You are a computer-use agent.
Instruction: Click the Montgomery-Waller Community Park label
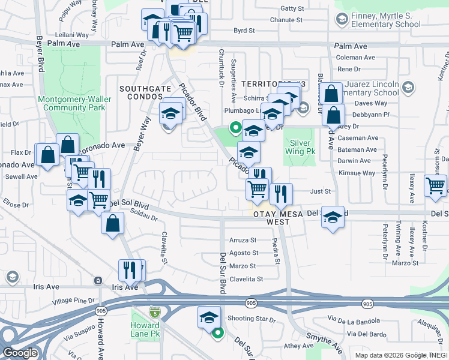coord(71,103)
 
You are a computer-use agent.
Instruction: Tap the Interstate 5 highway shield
coord(155,312)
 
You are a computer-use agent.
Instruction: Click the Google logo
coord(20,353)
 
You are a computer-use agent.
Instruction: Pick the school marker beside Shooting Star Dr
coord(208,317)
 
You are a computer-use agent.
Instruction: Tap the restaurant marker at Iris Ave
coord(130,271)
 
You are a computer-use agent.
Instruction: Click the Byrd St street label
coord(244,30)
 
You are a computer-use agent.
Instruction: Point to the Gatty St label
coord(292,8)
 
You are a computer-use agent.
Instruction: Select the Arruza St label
coord(243,240)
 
